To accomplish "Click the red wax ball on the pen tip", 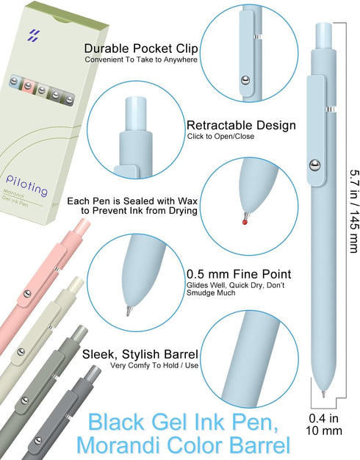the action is pyautogui.click(x=245, y=222).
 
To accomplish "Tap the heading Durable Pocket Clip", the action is pyautogui.click(x=141, y=48).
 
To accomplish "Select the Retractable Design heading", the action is pyautogui.click(x=241, y=125).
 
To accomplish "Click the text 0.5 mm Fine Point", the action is pyautogui.click(x=239, y=274).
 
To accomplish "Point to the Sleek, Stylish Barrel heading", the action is pyautogui.click(x=140, y=354).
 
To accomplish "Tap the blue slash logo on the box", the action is pyautogui.click(x=34, y=35).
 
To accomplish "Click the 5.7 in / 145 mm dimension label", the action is pyautogui.click(x=353, y=210).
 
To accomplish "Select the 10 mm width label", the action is pyautogui.click(x=324, y=431).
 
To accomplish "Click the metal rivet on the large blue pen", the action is pyautogui.click(x=315, y=165).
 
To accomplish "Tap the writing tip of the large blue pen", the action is pyautogui.click(x=323, y=394).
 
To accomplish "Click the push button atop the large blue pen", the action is pyautogui.click(x=323, y=36).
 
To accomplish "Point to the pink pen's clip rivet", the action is pyautogui.click(x=27, y=294).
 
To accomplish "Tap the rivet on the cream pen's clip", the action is pyautogui.click(x=21, y=351).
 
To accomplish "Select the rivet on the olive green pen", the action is pyautogui.click(x=25, y=400).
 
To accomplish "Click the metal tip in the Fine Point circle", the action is pyautogui.click(x=129, y=311).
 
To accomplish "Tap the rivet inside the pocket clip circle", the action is pyautogui.click(x=245, y=80).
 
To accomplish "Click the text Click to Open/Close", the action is pyautogui.click(x=220, y=136).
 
